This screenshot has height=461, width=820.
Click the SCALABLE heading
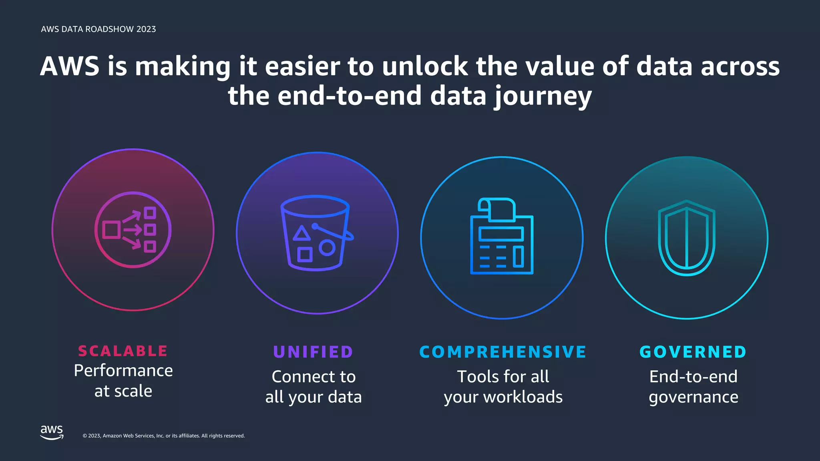tap(123, 351)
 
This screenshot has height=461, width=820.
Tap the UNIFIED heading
tap(313, 352)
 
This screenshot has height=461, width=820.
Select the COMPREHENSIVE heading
tap(502, 352)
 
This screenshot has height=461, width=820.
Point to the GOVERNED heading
tap(693, 352)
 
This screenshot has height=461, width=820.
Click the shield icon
tap(687, 238)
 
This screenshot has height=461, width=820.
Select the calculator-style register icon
tap(502, 236)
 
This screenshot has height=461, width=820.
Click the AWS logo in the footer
tap(52, 432)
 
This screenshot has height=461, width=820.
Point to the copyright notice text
tap(164, 436)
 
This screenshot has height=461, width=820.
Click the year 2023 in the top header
tap(146, 29)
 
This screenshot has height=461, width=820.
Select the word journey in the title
tap(543, 96)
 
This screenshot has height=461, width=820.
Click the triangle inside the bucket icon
tap(301, 233)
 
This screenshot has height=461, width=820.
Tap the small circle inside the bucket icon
tap(327, 248)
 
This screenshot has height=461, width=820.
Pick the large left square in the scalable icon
tap(111, 230)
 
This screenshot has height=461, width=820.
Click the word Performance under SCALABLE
tap(123, 371)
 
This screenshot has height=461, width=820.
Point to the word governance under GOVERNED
tap(693, 397)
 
